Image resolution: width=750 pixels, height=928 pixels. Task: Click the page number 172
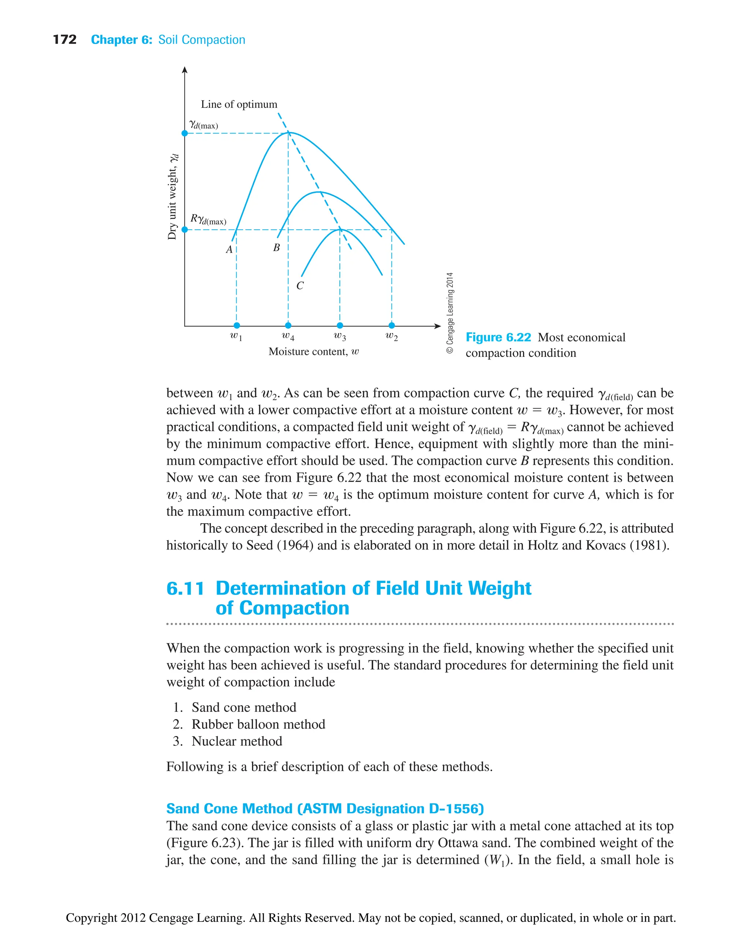pos(64,40)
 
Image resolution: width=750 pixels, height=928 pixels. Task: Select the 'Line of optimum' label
pos(239,104)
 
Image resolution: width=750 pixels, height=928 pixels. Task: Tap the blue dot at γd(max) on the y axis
pos(185,133)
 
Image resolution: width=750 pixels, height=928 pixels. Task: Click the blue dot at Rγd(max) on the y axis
pos(185,229)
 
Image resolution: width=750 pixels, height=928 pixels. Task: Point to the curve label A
pos(229,249)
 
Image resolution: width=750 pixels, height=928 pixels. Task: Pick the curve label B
pos(276,248)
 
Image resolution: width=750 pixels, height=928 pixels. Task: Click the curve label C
pos(300,286)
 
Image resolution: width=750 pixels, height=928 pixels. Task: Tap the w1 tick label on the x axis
pos(236,336)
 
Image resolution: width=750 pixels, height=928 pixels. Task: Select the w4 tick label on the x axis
pos(288,336)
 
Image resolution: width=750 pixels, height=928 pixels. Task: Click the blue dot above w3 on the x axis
pos(340,325)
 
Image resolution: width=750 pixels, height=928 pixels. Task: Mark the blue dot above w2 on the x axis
pos(391,325)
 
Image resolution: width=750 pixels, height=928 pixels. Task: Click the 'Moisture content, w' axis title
pos(313,351)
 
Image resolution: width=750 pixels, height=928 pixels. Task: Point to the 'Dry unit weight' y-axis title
pos(172,197)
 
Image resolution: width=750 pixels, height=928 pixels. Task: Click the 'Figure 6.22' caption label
pos(498,337)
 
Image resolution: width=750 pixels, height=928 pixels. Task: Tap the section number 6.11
pos(185,589)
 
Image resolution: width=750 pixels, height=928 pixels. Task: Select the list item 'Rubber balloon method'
pos(258,724)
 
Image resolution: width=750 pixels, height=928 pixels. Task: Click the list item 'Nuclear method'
pos(237,741)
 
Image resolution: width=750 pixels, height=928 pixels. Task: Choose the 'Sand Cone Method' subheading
pos(325,808)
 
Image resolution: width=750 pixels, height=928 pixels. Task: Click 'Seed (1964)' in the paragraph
pos(279,545)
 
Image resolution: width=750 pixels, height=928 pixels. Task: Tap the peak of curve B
pos(318,192)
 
